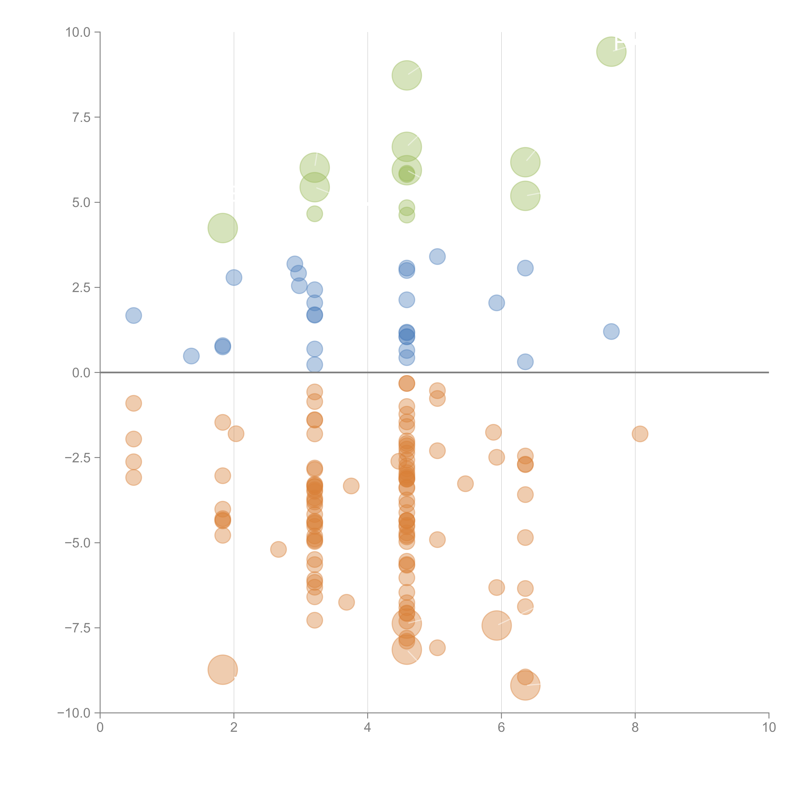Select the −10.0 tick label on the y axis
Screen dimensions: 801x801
click(x=74, y=713)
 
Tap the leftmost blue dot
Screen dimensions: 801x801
click(x=133, y=315)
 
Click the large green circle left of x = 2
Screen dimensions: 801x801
click(x=223, y=228)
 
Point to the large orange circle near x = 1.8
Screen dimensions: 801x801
click(x=223, y=670)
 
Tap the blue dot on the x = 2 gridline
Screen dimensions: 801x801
click(x=234, y=277)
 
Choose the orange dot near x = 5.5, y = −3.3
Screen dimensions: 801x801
click(x=465, y=483)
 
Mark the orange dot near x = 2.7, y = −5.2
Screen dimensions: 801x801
click(x=278, y=549)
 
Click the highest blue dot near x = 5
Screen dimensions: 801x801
click(x=437, y=257)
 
